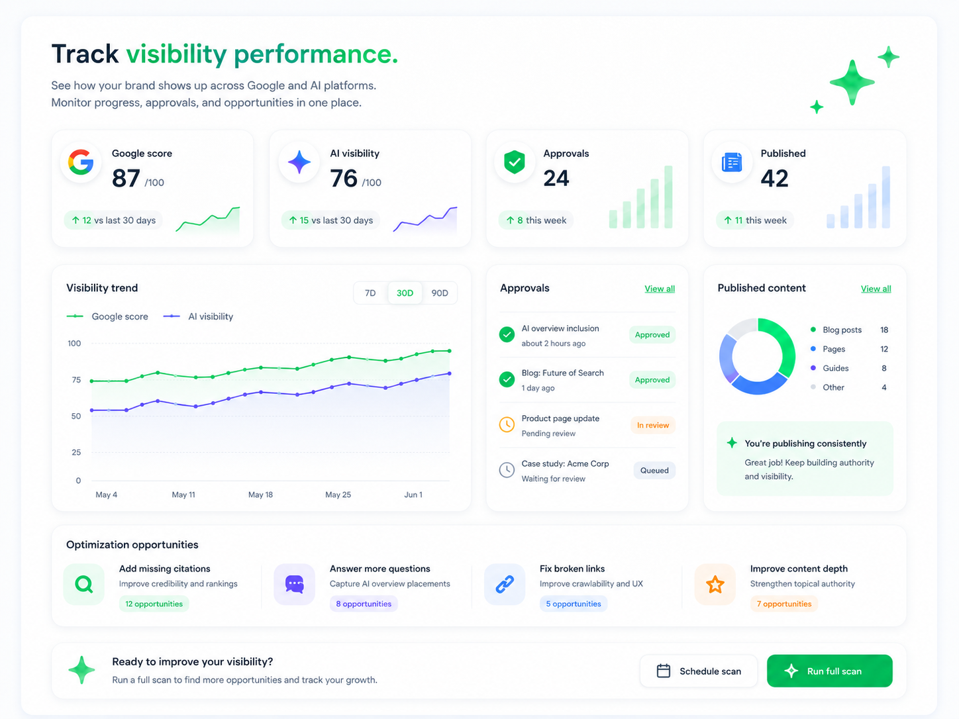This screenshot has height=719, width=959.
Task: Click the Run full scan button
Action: click(x=829, y=671)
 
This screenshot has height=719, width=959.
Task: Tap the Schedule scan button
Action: click(x=698, y=671)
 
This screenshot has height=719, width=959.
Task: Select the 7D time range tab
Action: click(x=370, y=293)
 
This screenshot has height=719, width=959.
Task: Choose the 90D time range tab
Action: click(x=440, y=293)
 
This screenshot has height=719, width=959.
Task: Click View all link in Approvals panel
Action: click(x=659, y=289)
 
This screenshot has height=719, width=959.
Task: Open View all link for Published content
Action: click(x=876, y=289)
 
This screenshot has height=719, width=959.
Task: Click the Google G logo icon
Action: click(x=81, y=162)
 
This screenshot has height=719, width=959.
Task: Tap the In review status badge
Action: click(x=653, y=425)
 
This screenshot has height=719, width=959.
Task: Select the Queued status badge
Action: click(x=654, y=470)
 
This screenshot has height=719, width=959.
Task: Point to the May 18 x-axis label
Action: click(x=260, y=495)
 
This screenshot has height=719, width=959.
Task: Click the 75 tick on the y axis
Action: click(x=76, y=380)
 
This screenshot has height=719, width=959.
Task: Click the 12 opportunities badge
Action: click(x=154, y=604)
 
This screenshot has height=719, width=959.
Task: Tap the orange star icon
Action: click(x=715, y=584)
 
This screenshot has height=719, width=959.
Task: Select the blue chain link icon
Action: click(x=505, y=584)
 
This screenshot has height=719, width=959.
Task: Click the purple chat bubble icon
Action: click(x=295, y=584)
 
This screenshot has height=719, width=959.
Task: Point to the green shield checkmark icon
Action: click(x=514, y=162)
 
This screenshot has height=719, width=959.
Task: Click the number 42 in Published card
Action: click(x=774, y=179)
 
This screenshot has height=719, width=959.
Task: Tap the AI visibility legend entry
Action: click(x=198, y=316)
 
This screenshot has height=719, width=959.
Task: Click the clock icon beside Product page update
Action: click(x=507, y=425)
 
